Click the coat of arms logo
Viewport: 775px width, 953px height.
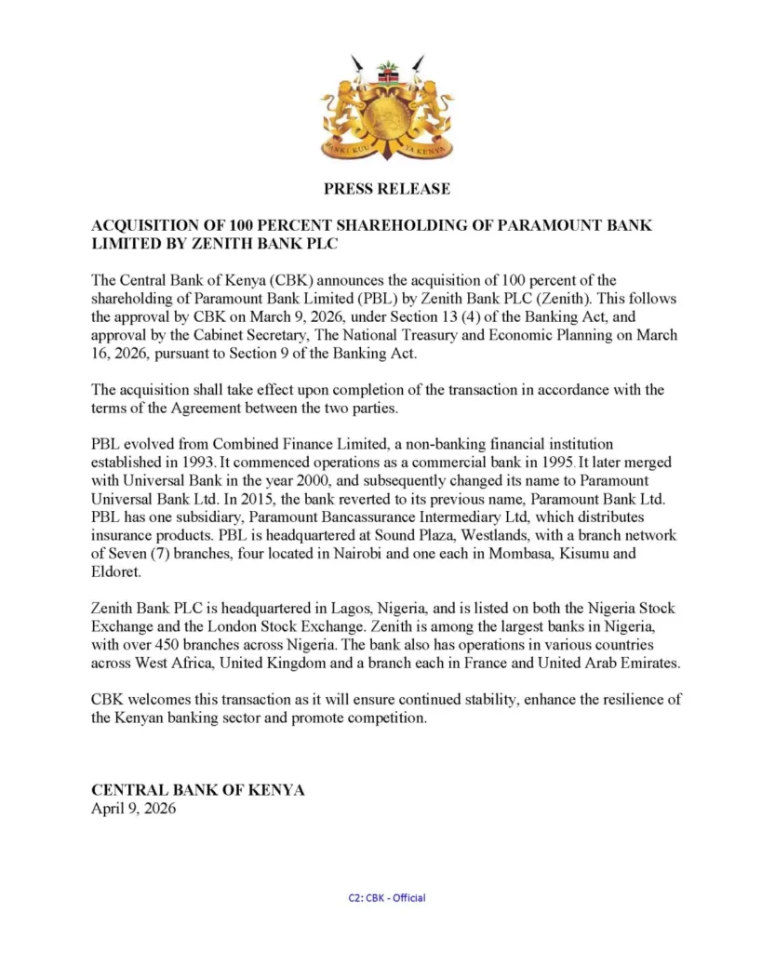[x=387, y=109]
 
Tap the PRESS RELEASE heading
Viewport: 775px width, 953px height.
[x=387, y=189]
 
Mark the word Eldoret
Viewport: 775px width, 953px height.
[x=116, y=570]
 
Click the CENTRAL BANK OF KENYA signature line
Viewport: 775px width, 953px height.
[x=198, y=790]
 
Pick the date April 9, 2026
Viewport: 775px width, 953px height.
[x=133, y=809]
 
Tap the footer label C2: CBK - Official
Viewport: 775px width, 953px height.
[x=386, y=897]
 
